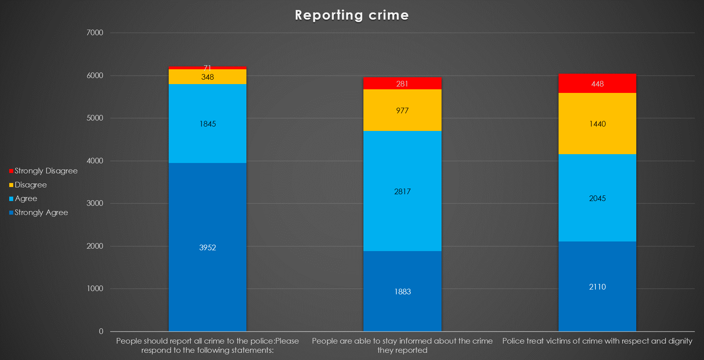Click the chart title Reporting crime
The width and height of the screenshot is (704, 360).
(x=351, y=15)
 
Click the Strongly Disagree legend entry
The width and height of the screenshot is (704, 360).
(x=43, y=171)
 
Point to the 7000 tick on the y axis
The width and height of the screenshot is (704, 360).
(x=95, y=33)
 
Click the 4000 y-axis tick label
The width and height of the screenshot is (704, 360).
(x=95, y=161)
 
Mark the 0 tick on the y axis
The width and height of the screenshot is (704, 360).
(x=101, y=332)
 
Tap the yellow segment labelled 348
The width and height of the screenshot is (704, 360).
(x=208, y=77)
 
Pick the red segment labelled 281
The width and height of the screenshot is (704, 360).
(x=402, y=84)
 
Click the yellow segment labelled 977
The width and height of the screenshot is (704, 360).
(x=402, y=111)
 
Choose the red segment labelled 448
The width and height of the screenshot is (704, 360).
(x=597, y=84)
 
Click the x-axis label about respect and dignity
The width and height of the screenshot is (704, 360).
(x=597, y=341)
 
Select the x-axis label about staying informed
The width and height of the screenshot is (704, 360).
(x=402, y=346)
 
